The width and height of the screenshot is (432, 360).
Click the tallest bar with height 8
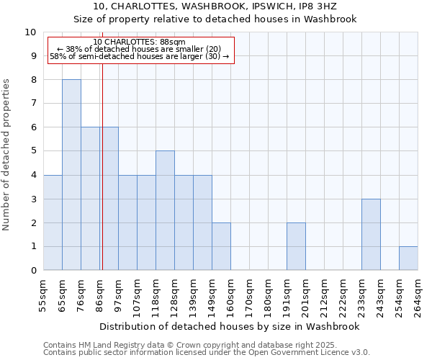coord(71,175)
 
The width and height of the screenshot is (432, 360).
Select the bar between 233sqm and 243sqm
coord(371,235)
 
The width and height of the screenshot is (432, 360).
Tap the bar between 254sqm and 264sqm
coord(408,258)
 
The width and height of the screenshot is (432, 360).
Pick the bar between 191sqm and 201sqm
coord(296,246)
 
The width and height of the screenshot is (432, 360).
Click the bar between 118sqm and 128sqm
coord(165,211)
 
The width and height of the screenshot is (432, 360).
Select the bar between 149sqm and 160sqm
coord(221,246)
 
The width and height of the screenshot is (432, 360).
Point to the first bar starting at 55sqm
coord(53,222)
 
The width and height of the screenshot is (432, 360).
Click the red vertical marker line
coord(102,180)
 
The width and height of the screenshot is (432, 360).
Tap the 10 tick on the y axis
coord(32,32)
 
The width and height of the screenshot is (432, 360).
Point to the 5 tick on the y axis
coord(32,151)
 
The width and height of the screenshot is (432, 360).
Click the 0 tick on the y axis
coord(32,271)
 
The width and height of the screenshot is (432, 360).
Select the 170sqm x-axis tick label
coord(249,294)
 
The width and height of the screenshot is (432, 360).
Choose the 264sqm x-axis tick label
coord(418,294)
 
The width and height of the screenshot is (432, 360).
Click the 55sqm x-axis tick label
coord(43,294)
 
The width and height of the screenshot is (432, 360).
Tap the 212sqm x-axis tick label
coord(324,294)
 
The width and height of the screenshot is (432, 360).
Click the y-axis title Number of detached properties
coord(7,155)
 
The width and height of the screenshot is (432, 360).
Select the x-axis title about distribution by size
coord(230,326)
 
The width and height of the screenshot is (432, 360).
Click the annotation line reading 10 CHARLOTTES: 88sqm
coord(140,42)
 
